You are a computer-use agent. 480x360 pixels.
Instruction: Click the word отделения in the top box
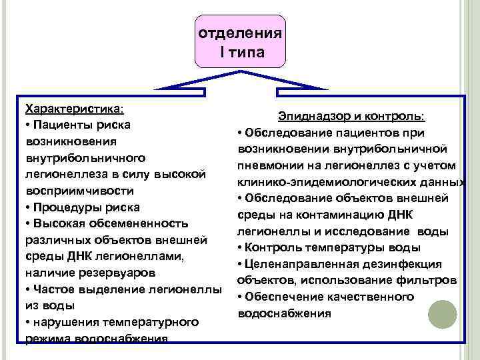(240, 33)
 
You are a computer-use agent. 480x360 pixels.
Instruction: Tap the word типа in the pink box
(247, 52)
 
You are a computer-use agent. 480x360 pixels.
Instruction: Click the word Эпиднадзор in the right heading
(311, 117)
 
